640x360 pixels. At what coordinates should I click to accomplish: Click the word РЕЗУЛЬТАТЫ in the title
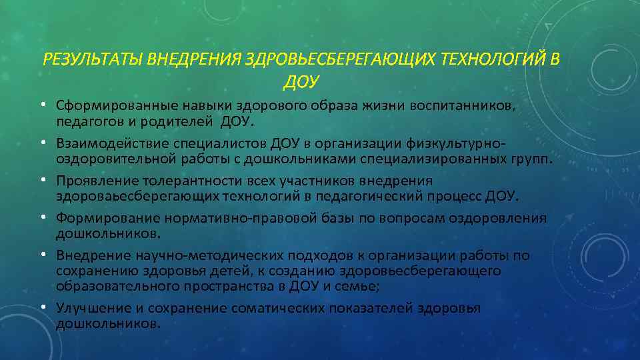tap(93, 60)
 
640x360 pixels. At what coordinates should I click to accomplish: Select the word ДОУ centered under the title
tap(301, 82)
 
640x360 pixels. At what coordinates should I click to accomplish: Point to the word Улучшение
tap(88, 308)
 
